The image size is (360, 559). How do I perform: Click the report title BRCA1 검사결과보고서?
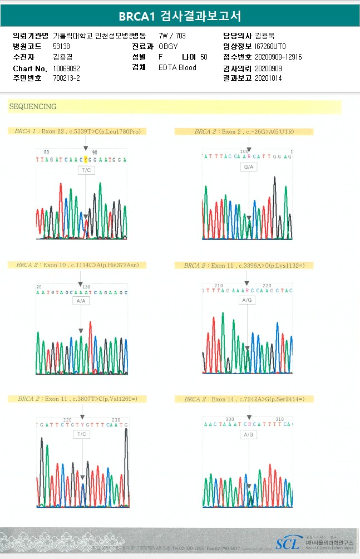click(180, 16)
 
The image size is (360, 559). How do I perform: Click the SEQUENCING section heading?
click(33, 106)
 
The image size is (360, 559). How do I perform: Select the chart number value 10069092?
click(67, 68)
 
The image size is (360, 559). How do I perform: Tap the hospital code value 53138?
click(61, 46)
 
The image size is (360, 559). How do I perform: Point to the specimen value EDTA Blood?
click(177, 67)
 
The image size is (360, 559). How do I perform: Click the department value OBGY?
click(168, 46)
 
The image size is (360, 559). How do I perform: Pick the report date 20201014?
click(268, 78)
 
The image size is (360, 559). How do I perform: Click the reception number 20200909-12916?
click(278, 57)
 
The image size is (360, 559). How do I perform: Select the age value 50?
click(204, 57)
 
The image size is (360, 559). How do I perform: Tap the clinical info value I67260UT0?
click(270, 46)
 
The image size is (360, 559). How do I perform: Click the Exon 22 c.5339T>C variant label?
click(77, 131)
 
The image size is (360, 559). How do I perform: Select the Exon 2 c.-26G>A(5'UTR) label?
click(244, 131)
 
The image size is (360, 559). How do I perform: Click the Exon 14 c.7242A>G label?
click(244, 399)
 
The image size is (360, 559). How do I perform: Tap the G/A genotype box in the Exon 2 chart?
click(248, 167)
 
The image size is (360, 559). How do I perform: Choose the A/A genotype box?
click(81, 301)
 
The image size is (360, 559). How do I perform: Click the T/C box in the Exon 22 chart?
click(86, 170)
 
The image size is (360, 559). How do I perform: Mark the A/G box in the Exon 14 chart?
click(248, 434)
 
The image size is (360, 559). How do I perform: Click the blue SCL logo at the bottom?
click(287, 543)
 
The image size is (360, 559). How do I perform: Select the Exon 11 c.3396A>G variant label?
click(244, 266)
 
